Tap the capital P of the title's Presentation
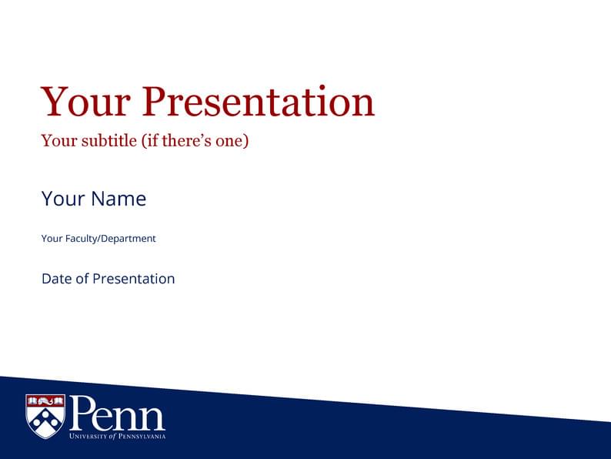[x=157, y=102]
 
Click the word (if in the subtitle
[x=149, y=141]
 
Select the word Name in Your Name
[x=119, y=199]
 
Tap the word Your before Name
[x=63, y=199]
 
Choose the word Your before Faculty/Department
[x=52, y=239]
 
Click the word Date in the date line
[x=57, y=279]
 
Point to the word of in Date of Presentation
[x=82, y=279]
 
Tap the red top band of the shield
[x=45, y=400]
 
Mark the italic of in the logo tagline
[x=112, y=437]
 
